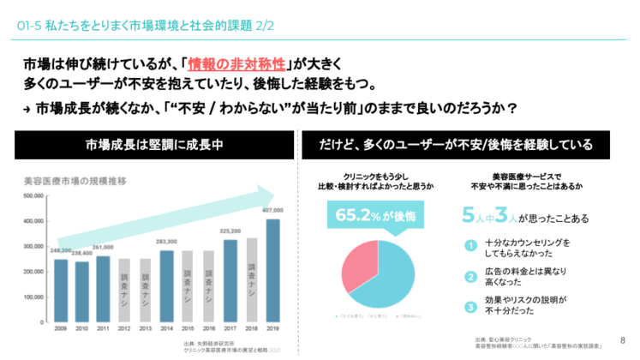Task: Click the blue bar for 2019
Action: click(x=272, y=270)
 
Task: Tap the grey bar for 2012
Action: click(x=124, y=290)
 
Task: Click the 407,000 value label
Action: click(x=272, y=211)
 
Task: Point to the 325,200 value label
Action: click(x=230, y=231)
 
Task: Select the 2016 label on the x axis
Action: click(x=208, y=328)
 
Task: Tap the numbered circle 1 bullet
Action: click(x=470, y=245)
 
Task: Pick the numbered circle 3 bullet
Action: click(x=470, y=307)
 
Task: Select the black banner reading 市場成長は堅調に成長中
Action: click(x=154, y=144)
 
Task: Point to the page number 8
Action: click(x=622, y=340)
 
